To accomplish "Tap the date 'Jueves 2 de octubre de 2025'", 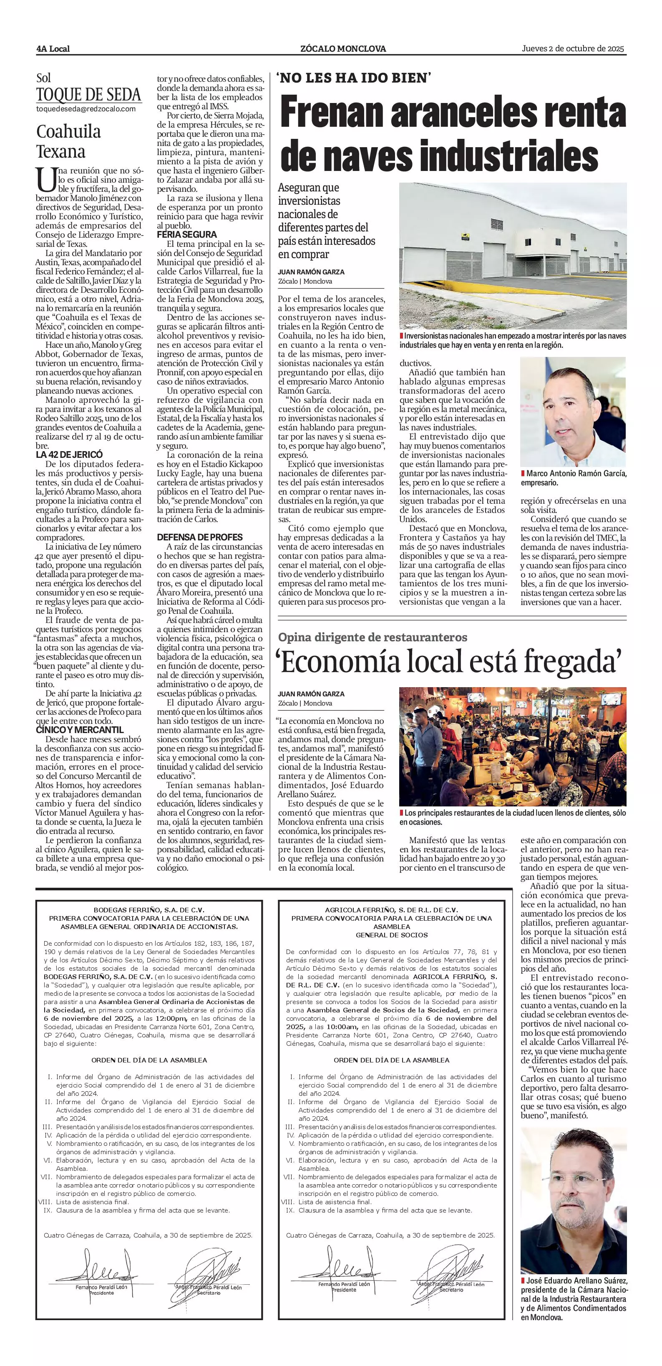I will [574, 49].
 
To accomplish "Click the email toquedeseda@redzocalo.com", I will [86, 109].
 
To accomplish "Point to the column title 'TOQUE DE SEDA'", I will [88, 95].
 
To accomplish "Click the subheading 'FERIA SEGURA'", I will [187, 234].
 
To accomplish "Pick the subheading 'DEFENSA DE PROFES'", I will [199, 537].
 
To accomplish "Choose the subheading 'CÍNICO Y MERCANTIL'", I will [80, 730].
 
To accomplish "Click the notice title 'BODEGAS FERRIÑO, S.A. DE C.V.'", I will [149, 909].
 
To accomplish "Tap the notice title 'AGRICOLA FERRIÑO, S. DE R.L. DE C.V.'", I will [391, 910].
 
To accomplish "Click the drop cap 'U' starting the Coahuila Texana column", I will [43, 179].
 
